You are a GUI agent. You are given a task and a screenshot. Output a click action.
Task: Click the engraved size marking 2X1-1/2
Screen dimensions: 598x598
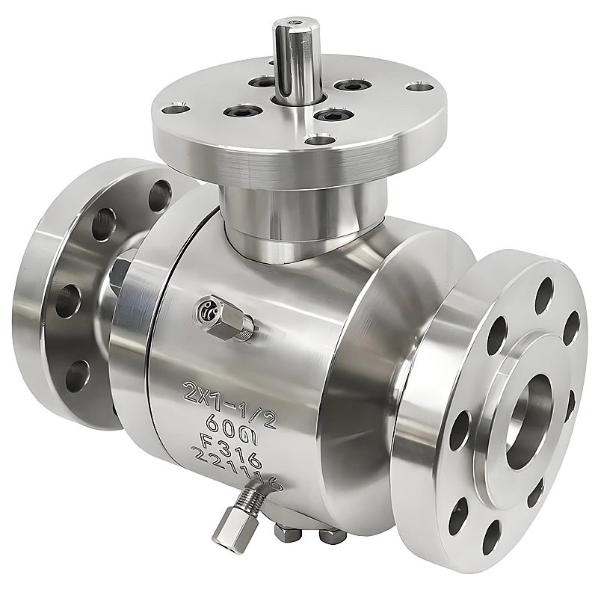tap(230, 397)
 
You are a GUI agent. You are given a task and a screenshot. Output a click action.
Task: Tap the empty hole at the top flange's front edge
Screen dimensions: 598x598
tap(320, 139)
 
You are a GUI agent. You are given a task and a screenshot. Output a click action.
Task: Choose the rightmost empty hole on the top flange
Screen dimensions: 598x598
tap(417, 87)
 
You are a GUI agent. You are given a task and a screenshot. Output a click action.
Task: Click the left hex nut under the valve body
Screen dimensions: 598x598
tap(284, 533)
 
